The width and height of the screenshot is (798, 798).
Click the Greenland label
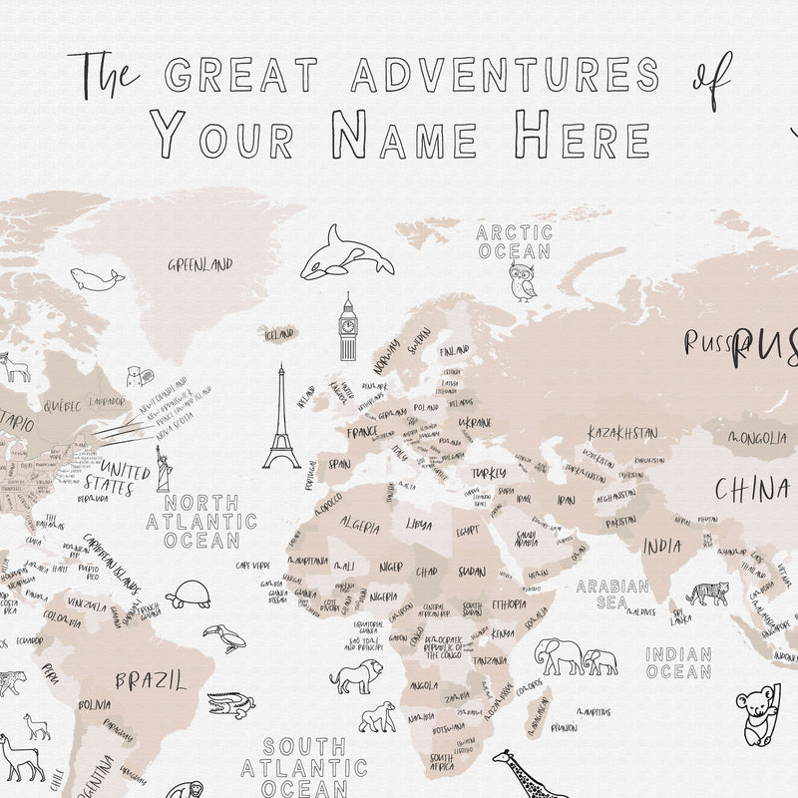tap(199, 265)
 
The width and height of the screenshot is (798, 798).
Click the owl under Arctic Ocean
tap(522, 281)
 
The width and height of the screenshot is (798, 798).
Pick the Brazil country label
tap(150, 681)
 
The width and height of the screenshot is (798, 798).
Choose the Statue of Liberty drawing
tap(163, 468)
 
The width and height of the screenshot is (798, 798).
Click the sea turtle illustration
tap(188, 595)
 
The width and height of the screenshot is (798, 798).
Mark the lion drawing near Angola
tap(356, 678)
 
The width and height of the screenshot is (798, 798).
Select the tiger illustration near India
tap(707, 594)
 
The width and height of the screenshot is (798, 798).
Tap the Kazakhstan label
tap(622, 433)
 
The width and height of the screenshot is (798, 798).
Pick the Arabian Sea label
tap(612, 595)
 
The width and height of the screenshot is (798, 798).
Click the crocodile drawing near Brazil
tap(231, 707)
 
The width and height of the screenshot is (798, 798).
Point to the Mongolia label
tap(757, 438)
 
